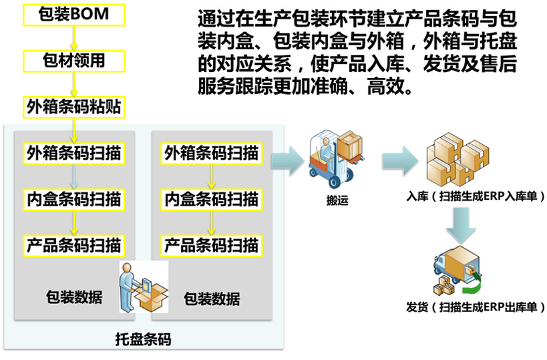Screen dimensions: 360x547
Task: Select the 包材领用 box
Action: pyautogui.click(x=73, y=61)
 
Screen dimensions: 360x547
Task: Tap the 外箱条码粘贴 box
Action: pyautogui.click(x=73, y=106)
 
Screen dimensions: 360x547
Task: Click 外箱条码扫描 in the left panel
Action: pyautogui.click(x=73, y=153)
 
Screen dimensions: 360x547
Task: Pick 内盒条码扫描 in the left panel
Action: pyautogui.click(x=73, y=198)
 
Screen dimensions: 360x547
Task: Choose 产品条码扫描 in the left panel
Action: pyautogui.click(x=73, y=244)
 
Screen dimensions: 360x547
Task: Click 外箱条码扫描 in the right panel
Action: pyautogui.click(x=211, y=153)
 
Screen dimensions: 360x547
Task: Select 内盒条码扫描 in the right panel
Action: pyautogui.click(x=211, y=198)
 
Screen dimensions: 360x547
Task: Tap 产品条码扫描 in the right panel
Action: pyautogui.click(x=211, y=244)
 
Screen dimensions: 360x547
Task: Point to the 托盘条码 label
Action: pyautogui.click(x=143, y=339)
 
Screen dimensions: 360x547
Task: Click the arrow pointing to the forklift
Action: pyautogui.click(x=288, y=158)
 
